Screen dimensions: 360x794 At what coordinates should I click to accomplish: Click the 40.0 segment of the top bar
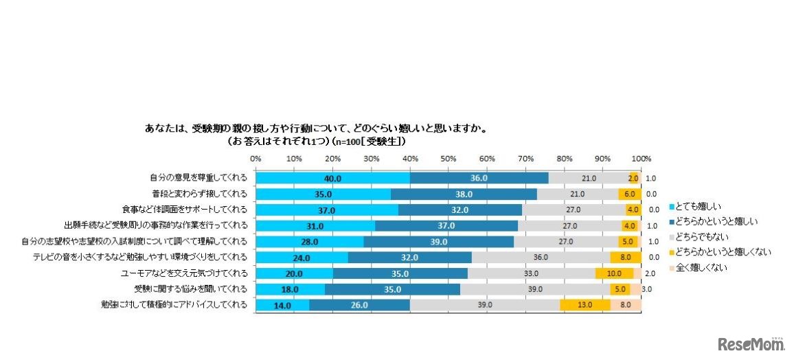[x=333, y=178]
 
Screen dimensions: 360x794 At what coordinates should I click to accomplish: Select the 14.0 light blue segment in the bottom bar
[x=282, y=306]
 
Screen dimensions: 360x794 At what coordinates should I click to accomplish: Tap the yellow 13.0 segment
[x=586, y=306]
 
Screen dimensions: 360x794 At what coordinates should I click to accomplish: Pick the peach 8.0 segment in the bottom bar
[x=626, y=306]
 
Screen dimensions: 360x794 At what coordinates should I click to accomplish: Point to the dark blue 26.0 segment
[x=359, y=306]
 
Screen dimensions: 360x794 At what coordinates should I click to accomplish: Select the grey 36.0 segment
[x=541, y=258]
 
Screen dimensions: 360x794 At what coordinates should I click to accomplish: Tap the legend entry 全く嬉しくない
[x=700, y=267]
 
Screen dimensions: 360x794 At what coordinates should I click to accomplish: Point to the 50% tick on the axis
[x=449, y=159]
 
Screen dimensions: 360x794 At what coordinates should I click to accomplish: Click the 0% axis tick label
[x=256, y=159]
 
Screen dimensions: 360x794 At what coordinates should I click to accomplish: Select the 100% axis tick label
[x=642, y=159]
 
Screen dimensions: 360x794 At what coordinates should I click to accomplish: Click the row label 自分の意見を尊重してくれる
[x=198, y=178]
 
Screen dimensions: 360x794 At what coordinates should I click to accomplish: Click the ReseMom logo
[x=751, y=343]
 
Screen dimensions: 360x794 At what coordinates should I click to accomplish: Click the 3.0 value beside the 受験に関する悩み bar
[x=647, y=290]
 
